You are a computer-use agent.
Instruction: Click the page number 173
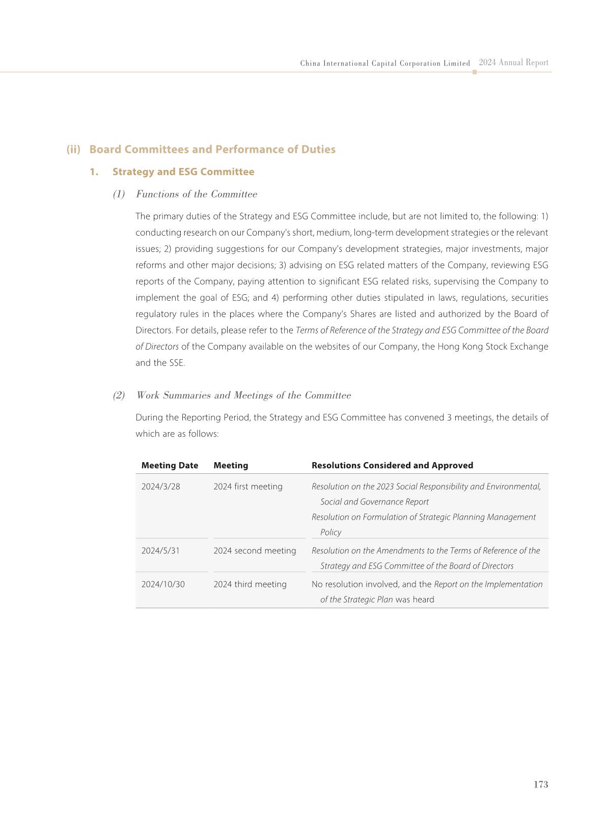click(540, 784)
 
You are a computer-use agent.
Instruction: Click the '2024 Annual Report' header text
click(513, 63)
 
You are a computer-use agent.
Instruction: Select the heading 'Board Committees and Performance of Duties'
click(212, 150)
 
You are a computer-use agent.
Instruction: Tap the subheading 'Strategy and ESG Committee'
click(183, 172)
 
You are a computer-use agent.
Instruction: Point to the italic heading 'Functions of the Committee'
click(197, 194)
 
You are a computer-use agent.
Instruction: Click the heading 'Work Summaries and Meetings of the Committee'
click(243, 395)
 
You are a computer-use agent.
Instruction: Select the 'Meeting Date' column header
click(170, 465)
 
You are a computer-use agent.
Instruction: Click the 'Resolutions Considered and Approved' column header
click(392, 465)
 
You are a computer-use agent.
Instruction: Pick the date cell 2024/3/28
click(161, 487)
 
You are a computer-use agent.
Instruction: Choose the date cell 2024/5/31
click(160, 551)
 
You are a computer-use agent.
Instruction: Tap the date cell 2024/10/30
click(163, 584)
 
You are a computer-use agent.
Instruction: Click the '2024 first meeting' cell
click(248, 487)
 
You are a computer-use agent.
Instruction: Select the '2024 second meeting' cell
click(255, 551)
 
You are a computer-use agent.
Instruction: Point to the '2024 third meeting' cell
click(250, 584)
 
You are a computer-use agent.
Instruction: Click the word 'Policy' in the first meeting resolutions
click(330, 532)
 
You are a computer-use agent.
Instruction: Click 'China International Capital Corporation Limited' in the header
click(385, 64)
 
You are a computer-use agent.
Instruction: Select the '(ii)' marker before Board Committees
click(73, 150)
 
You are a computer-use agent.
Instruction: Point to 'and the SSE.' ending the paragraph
click(160, 363)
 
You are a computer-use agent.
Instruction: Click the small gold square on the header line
click(475, 72)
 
